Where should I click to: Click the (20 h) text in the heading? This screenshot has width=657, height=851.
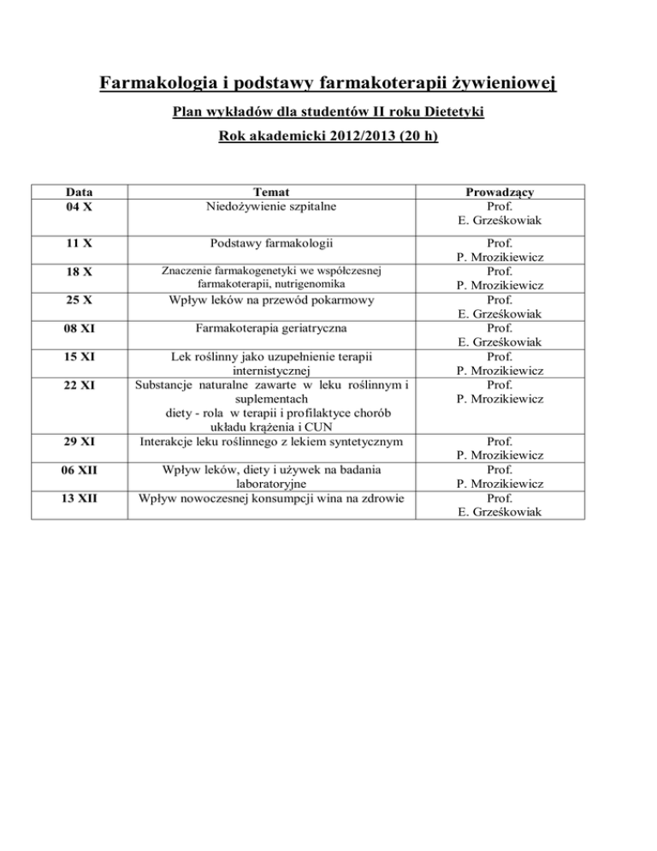coord(414,135)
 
